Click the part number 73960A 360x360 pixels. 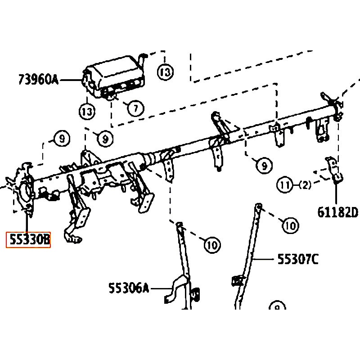point(38,80)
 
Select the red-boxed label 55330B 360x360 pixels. point(28,240)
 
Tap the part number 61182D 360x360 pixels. point(337,212)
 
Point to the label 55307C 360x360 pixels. point(298,259)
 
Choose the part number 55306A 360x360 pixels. point(129,288)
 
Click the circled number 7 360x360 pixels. point(136,108)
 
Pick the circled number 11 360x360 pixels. point(285,185)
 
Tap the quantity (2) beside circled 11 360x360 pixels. point(305,185)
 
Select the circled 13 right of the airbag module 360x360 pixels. point(165,72)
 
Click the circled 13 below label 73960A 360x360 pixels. point(87,112)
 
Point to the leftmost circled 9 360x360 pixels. point(62,139)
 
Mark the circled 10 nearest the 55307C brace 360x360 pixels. point(291,225)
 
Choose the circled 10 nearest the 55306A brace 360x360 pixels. point(212,245)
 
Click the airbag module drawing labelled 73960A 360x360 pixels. point(114,77)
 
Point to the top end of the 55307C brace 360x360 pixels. point(259,205)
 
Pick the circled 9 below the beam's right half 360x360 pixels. point(264,165)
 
